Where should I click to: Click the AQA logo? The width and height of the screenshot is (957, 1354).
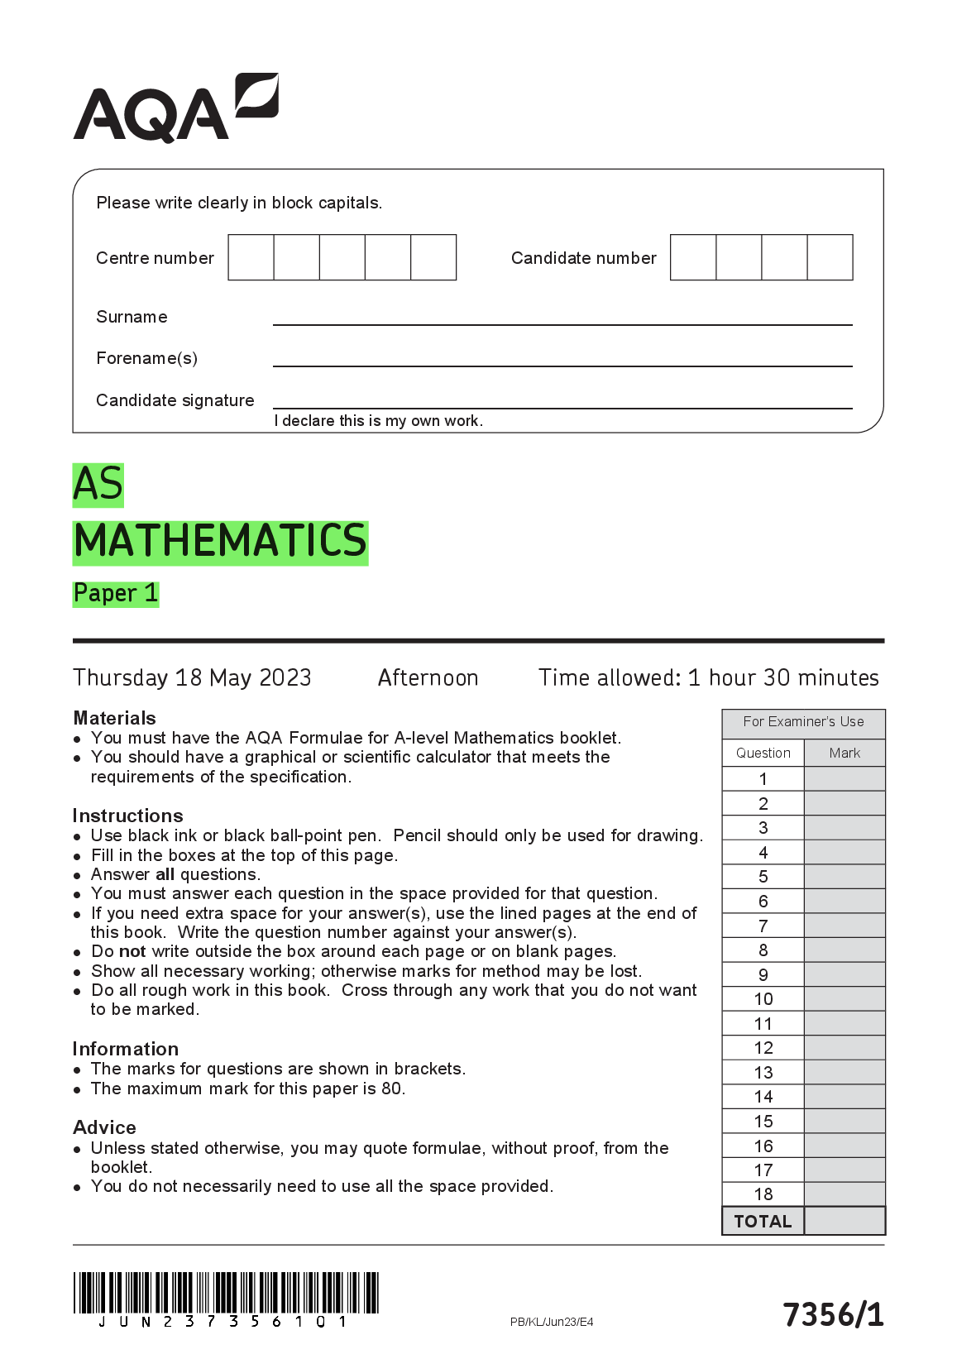(x=175, y=108)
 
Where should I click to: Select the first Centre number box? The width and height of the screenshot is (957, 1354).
(x=251, y=257)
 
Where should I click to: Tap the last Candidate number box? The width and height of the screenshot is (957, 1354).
(x=830, y=257)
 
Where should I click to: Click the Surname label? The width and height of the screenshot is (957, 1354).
(x=132, y=317)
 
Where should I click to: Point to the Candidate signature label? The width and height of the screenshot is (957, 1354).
(x=175, y=400)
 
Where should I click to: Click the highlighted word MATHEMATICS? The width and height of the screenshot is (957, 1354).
(x=220, y=542)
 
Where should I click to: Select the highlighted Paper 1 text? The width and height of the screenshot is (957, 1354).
(x=116, y=593)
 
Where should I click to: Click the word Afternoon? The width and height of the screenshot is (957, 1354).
(x=428, y=678)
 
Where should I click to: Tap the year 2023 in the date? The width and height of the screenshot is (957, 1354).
(x=285, y=678)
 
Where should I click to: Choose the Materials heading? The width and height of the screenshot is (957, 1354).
(x=114, y=718)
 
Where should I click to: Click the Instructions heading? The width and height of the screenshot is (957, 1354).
(x=127, y=816)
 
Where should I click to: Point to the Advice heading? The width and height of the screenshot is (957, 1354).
(x=104, y=1127)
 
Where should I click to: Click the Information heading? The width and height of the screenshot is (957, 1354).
(x=125, y=1049)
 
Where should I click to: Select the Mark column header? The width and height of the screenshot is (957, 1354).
(x=845, y=753)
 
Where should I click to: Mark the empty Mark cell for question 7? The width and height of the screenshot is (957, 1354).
(x=845, y=926)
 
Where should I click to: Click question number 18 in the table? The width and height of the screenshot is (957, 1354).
(x=763, y=1194)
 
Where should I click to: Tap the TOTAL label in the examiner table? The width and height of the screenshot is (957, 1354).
(x=763, y=1222)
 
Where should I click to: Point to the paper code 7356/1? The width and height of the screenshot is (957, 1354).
(x=833, y=1314)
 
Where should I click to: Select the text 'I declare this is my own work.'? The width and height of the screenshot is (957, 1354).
(x=378, y=421)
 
